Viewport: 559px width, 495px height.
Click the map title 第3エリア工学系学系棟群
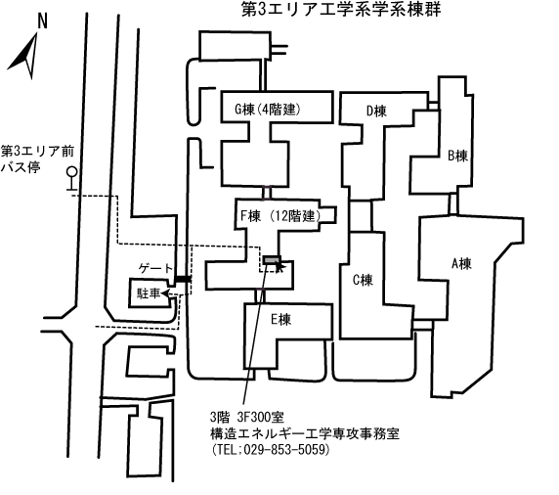coord(341,9)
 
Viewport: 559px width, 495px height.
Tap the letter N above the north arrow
coord(42,22)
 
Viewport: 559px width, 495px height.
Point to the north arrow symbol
coord(25,57)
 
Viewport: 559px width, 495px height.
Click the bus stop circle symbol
coord(72,172)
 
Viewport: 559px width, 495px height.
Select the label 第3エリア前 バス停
coord(37,159)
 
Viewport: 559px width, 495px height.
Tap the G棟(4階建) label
coord(268,109)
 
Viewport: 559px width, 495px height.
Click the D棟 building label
coord(376,111)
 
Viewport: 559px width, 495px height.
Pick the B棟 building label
coord(457,156)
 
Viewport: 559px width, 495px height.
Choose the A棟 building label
coord(461,264)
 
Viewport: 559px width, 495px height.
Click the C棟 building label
coord(363,280)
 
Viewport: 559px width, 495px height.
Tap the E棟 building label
coord(280,319)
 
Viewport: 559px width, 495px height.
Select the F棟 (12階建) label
coord(280,216)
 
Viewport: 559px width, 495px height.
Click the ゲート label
coord(155,268)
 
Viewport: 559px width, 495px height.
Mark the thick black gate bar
coord(183,279)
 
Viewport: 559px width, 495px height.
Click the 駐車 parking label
coord(149,293)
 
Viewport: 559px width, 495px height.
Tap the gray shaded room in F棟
coord(272,260)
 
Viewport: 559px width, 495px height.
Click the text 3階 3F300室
coord(246,417)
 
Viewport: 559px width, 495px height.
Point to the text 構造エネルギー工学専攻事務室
coord(305,433)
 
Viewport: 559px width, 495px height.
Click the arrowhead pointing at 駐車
coord(164,293)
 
